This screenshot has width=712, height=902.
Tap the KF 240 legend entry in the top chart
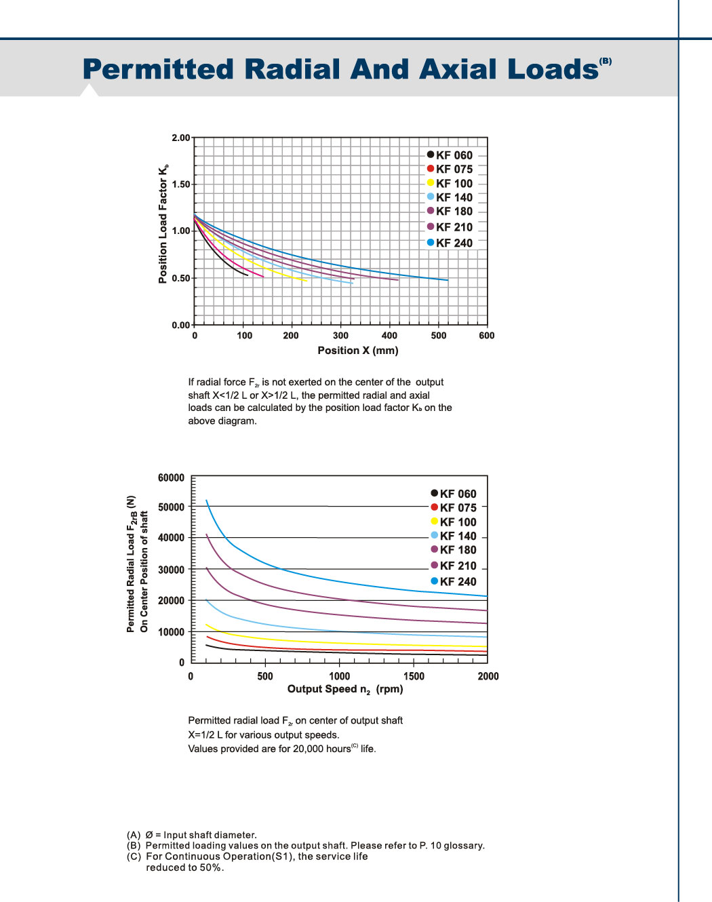(450, 243)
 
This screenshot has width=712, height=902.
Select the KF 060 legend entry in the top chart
(450, 155)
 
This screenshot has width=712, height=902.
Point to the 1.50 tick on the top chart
(181, 184)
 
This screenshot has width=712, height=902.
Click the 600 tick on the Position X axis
(486, 335)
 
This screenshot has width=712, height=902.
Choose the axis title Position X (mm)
(358, 351)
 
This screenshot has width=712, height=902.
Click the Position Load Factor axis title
(163, 224)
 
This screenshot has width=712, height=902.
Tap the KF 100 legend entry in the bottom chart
(454, 522)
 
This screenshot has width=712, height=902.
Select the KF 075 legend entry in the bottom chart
(454, 508)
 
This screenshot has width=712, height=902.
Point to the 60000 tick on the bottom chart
(171, 478)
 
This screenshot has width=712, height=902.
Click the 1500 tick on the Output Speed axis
(414, 676)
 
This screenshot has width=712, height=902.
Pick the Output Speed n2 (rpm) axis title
(345, 689)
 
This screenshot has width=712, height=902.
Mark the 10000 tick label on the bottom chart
(171, 632)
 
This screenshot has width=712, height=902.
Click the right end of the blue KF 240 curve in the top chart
(448, 280)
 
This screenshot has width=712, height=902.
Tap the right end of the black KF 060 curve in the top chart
(248, 275)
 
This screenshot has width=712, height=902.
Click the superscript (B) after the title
(606, 61)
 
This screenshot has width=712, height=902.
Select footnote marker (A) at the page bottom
(134, 835)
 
